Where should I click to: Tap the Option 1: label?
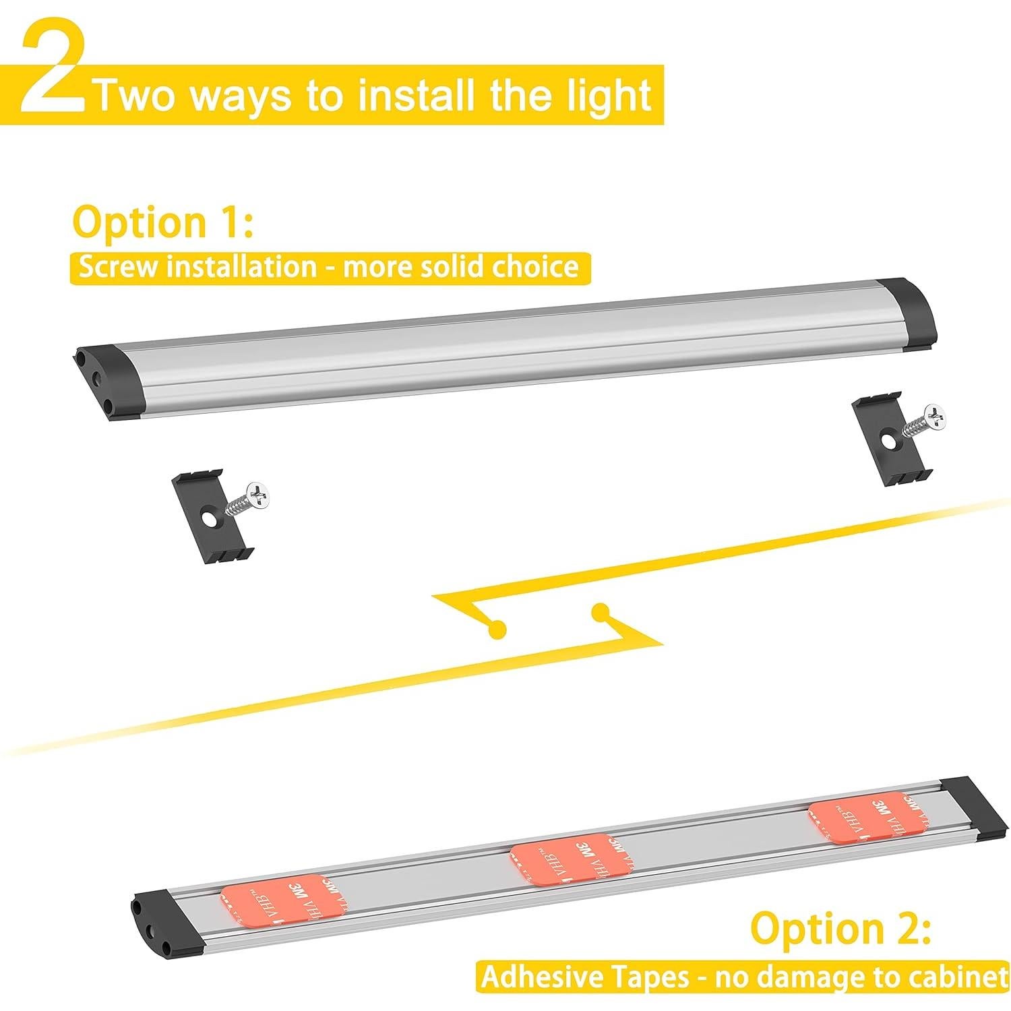(x=162, y=222)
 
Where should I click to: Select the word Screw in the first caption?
(x=118, y=267)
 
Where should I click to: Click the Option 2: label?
(x=840, y=927)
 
